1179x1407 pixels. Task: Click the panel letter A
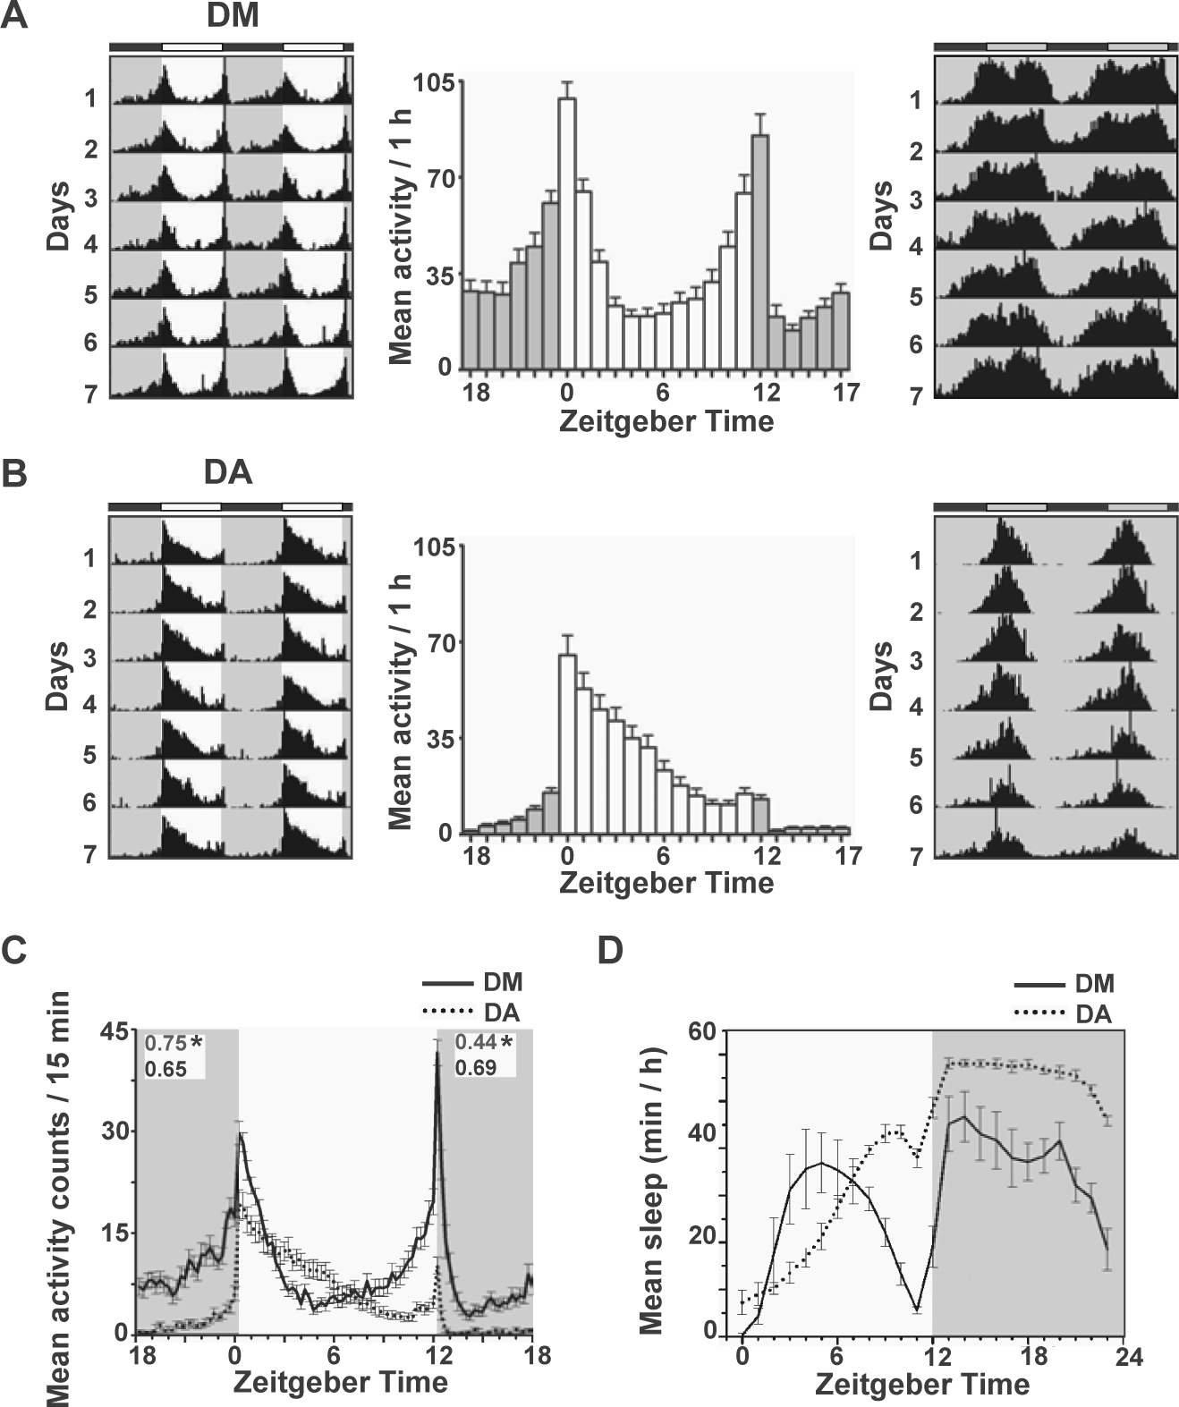[14, 15]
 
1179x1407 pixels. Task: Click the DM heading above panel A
[233, 15]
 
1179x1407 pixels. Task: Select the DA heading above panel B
[228, 473]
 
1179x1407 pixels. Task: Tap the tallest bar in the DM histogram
[568, 233]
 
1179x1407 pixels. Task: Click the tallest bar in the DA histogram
[568, 744]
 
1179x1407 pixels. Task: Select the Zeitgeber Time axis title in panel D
[922, 1384]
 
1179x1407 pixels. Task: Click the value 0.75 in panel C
[166, 1042]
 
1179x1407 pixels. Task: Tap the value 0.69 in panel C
[476, 1067]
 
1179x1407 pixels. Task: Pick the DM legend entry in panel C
[472, 982]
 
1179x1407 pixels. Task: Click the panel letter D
[611, 951]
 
